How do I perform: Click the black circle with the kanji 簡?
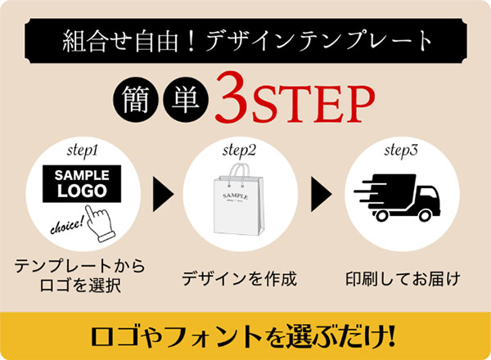[x=136, y=100]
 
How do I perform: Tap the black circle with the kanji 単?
[x=186, y=100]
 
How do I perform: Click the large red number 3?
[x=231, y=97]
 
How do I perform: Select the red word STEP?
[x=313, y=103]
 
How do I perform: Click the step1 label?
[x=83, y=151]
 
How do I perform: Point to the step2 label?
[x=239, y=151]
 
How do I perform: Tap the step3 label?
[x=401, y=151]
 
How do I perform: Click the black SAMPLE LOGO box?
[x=82, y=184]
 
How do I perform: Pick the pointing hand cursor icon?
[x=100, y=224]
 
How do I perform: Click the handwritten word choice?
[x=67, y=225]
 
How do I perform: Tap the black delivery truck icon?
[x=397, y=197]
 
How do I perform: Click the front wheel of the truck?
[x=425, y=215]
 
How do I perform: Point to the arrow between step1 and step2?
[x=163, y=194]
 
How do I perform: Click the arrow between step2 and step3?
[x=322, y=194]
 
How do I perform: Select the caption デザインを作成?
[x=239, y=278]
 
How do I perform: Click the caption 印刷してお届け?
[x=403, y=278]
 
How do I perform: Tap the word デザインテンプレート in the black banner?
[x=319, y=41]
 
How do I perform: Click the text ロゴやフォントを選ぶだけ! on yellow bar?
[x=243, y=337]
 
